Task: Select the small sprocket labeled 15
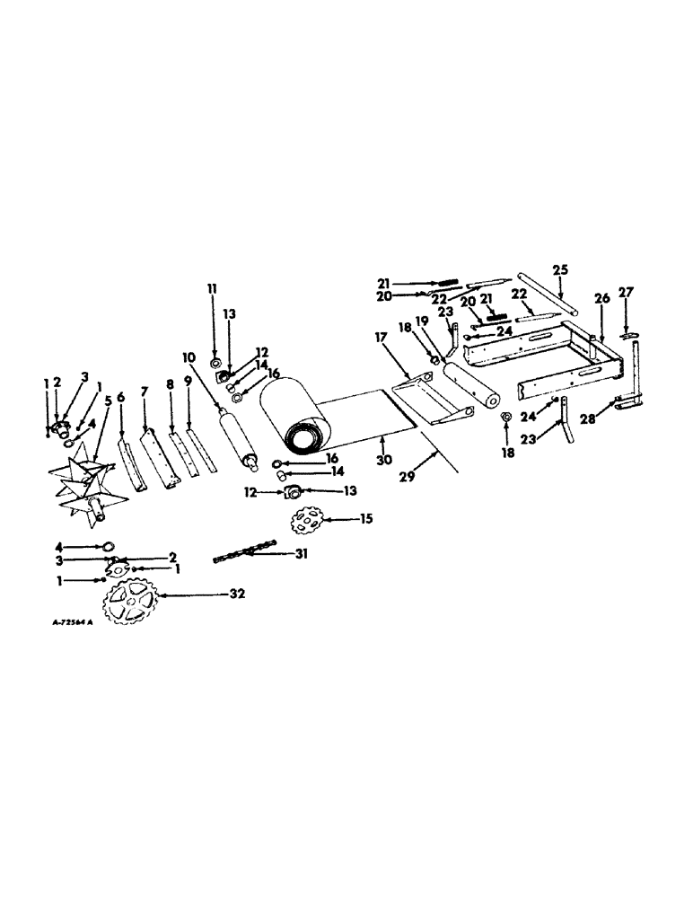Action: (x=309, y=521)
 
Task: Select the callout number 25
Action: (x=561, y=269)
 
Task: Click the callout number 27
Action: (x=627, y=290)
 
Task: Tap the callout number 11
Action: (x=213, y=288)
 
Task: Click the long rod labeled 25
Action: (x=549, y=302)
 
